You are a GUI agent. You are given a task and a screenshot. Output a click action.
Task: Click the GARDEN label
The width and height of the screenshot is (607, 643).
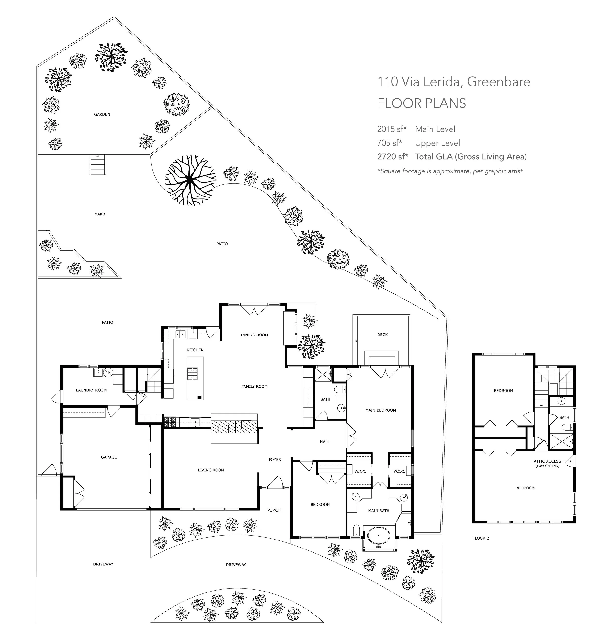tap(102, 114)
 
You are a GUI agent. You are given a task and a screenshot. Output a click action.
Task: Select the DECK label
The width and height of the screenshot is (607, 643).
tap(382, 335)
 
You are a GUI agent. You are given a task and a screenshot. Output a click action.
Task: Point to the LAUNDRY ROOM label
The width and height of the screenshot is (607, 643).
tap(91, 390)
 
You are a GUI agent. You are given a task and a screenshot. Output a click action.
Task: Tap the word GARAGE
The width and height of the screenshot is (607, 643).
tap(109, 457)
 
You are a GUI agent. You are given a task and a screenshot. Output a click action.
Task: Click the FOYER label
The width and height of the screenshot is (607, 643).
tap(275, 459)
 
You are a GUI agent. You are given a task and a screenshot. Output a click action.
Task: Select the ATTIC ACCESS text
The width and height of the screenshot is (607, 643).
tap(548, 461)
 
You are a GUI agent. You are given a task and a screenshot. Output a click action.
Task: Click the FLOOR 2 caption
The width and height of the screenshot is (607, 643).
tap(481, 538)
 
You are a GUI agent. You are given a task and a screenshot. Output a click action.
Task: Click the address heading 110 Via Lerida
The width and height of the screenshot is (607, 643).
tap(417, 82)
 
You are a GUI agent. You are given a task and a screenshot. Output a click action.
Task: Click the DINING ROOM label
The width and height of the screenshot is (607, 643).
tap(254, 335)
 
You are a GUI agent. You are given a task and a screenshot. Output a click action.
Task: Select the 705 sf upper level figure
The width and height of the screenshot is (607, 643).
tap(389, 143)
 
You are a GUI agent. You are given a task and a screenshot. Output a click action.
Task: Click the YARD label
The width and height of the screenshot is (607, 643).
tap(100, 214)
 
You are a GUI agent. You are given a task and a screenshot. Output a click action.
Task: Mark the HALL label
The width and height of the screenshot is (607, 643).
tap(325, 442)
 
